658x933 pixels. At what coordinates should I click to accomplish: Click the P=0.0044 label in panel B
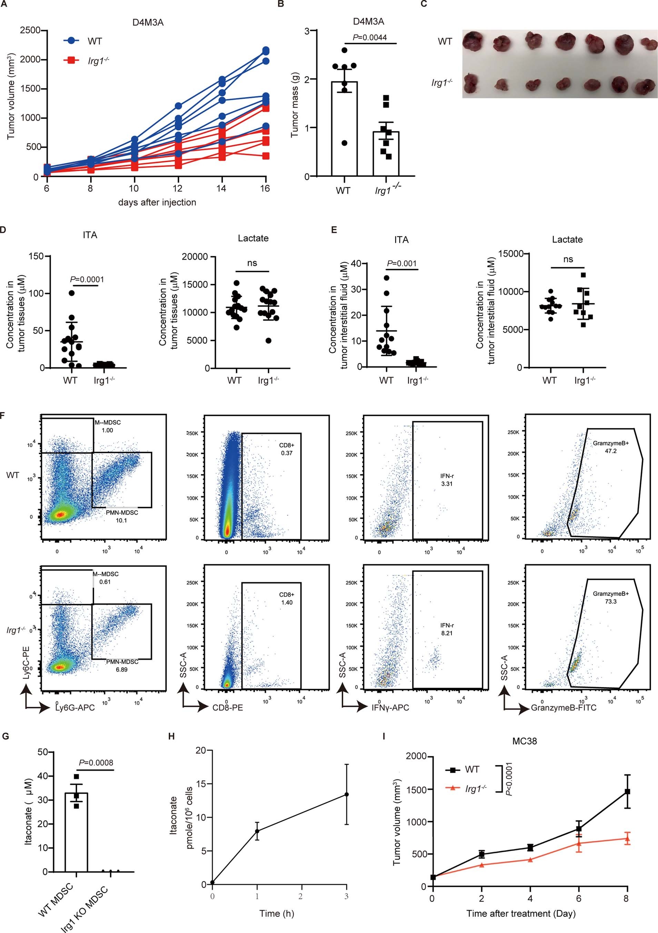(369, 37)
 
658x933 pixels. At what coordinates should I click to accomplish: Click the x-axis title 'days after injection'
(157, 202)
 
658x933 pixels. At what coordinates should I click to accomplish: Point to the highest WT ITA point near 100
(71, 293)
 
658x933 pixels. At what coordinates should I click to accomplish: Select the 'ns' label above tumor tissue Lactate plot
(252, 263)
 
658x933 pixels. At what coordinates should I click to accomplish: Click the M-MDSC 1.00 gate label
(108, 426)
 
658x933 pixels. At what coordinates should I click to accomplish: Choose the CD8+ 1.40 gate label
(286, 598)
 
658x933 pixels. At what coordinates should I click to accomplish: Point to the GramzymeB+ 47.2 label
(610, 447)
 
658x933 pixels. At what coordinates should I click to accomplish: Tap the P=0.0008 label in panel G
(96, 762)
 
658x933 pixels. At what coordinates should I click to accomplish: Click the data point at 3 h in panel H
(347, 794)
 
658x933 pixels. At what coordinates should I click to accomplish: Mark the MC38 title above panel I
(525, 741)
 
